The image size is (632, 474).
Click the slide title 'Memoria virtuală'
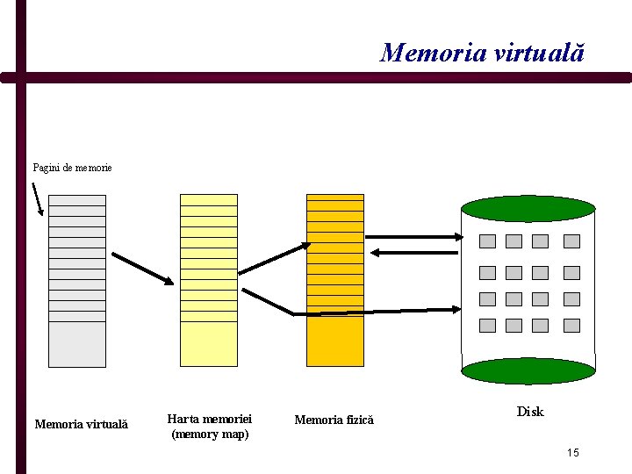pos(482,53)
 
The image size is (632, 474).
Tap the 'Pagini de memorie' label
pos(72,167)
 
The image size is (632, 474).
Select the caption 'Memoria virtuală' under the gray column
pos(81,425)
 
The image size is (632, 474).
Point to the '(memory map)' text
pos(210,434)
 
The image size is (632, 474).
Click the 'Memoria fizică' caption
pos(334,420)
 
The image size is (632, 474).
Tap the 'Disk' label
pos(530,412)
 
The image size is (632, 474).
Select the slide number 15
pos(572,453)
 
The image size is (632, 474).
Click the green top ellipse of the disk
pos(528,208)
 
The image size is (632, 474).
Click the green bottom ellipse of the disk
pos(528,370)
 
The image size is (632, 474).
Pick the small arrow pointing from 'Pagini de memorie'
pos(37,198)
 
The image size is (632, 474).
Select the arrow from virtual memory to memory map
pos(142,268)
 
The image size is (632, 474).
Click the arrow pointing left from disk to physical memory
pos(413,253)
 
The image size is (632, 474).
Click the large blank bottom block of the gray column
pos(76,344)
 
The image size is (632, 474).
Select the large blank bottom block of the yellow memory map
pos(208,344)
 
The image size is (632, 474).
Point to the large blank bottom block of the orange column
pos(334,341)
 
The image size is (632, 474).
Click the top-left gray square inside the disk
pos(487,241)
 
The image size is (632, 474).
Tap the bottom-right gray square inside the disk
pos(571,326)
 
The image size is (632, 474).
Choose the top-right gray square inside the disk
pos(571,241)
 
